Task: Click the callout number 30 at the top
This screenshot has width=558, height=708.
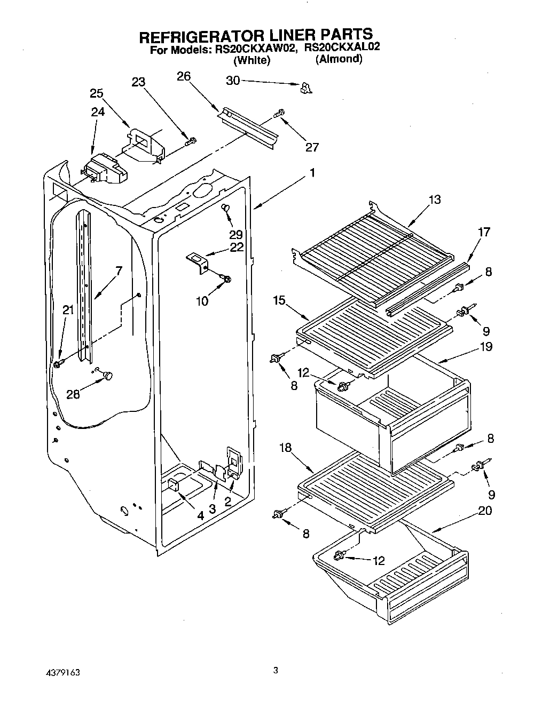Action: pos(233,81)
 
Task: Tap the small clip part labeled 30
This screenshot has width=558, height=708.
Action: pos(306,87)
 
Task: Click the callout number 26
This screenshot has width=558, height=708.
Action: pos(184,77)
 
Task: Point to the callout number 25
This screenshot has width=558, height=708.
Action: pos(97,93)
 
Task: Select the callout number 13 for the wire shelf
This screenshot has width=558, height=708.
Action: pos(435,200)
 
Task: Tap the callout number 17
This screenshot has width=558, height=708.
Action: pos(484,232)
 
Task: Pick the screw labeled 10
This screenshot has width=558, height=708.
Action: pos(226,278)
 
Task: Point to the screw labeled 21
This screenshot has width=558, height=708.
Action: pos(58,364)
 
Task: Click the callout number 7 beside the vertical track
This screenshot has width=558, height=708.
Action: pos(119,271)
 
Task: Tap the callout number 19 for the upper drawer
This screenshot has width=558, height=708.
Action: pos(485,347)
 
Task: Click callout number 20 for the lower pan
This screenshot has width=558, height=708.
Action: pos(485,511)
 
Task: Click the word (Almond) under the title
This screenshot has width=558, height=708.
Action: pos(339,59)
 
